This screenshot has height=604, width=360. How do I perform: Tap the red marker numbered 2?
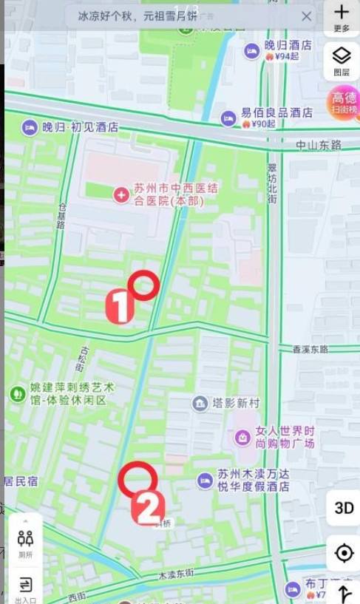point(148,508)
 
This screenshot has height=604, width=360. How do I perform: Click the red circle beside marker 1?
point(143,285)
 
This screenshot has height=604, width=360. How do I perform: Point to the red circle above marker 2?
point(137,479)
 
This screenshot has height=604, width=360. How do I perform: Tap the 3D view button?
point(344,508)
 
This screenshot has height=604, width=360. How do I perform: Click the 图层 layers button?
point(341,60)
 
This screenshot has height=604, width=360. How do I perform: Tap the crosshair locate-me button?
point(344,553)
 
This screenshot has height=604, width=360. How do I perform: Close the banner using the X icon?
point(306,16)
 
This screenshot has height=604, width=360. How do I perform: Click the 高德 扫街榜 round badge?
point(344,102)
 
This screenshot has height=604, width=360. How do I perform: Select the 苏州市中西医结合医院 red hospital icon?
point(120,194)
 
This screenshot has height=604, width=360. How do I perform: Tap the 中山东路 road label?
point(319,145)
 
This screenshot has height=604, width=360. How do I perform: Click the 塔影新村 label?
point(236,403)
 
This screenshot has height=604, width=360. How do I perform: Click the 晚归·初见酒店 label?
point(80,127)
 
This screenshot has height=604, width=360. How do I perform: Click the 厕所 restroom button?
point(25,542)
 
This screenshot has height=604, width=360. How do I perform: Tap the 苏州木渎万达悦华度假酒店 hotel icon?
point(205,481)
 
